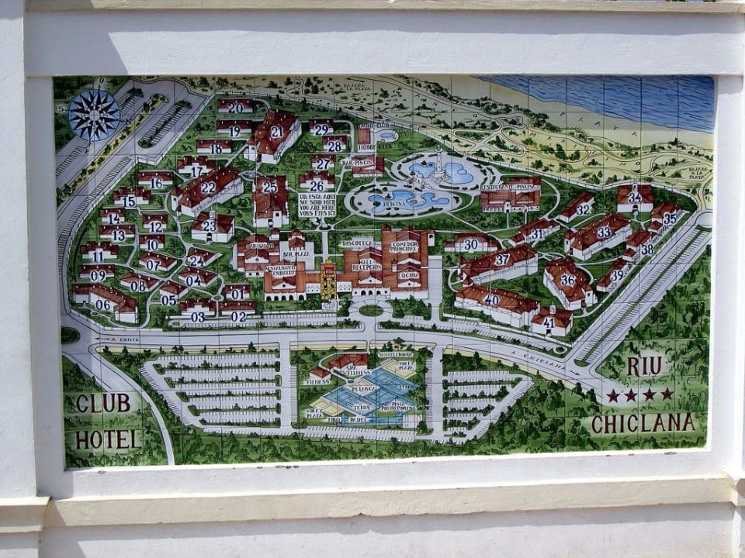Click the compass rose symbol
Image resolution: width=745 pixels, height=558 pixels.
pos(94,115)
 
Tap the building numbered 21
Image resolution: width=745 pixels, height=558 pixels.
pos(275,133)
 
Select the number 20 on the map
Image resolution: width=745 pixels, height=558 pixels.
pos(235,108)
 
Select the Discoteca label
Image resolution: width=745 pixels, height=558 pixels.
pos(358,243)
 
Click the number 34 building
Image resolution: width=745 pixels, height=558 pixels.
pos(635,197)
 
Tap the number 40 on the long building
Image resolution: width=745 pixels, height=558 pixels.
pos(491,299)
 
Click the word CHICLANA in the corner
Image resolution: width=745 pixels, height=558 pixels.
pos(643,423)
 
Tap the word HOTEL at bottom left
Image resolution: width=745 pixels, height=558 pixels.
pos(106,439)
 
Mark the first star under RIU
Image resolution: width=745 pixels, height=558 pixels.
pos(613,395)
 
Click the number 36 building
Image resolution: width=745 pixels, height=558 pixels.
pos(568,280)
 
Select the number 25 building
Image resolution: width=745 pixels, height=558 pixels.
pos(270,186)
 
